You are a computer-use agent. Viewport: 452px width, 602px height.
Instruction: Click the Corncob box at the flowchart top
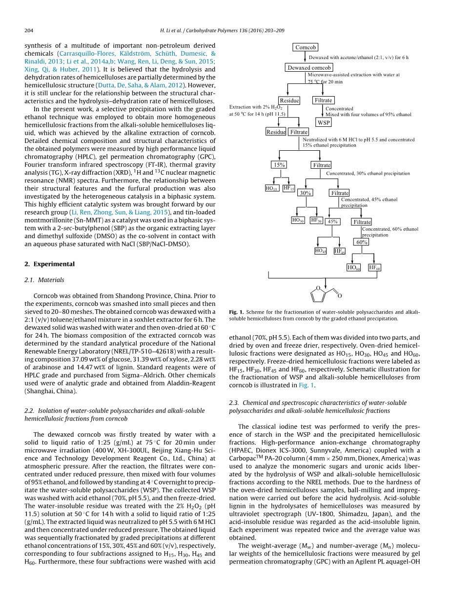point(306,47)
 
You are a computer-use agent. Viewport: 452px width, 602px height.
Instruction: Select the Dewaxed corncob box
point(309,68)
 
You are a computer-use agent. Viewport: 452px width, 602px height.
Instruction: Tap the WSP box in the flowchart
point(324,122)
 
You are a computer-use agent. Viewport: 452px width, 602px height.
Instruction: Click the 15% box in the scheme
point(279,165)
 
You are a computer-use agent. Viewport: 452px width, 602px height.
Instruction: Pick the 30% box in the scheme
point(305,193)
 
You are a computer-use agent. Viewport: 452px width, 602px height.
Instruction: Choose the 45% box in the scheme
point(332,221)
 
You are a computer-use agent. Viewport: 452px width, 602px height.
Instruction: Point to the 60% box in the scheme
point(362,242)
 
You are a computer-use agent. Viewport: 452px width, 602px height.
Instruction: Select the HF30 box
point(316,220)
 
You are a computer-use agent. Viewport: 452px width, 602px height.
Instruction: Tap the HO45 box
point(321,251)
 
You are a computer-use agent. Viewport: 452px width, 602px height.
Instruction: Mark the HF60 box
point(374,267)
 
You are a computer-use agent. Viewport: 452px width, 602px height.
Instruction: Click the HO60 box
point(353,267)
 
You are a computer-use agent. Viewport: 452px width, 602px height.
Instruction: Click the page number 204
point(29,31)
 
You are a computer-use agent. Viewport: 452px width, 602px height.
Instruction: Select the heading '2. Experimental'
point(49,264)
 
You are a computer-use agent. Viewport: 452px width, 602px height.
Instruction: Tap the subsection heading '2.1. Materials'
point(44,280)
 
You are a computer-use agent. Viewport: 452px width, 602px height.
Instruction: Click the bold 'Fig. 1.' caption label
point(236,312)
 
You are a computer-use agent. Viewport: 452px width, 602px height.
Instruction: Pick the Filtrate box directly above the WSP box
point(323,100)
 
